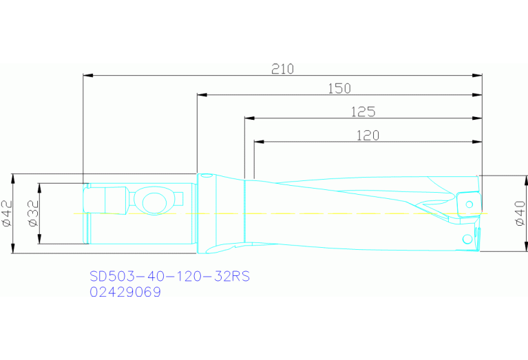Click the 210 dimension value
point(282,69)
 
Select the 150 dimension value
point(339,88)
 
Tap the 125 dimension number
point(363,112)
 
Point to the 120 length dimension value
point(368,136)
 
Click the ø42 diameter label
point(8,213)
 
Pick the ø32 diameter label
point(32,213)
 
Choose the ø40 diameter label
point(520,213)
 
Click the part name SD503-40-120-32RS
point(169,277)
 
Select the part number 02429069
point(125,292)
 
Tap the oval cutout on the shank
point(154,202)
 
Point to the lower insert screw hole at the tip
point(468,239)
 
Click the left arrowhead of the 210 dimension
point(87,75)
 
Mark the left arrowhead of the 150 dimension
point(202,95)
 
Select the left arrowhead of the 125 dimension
point(249,118)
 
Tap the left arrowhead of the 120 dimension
point(260,142)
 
